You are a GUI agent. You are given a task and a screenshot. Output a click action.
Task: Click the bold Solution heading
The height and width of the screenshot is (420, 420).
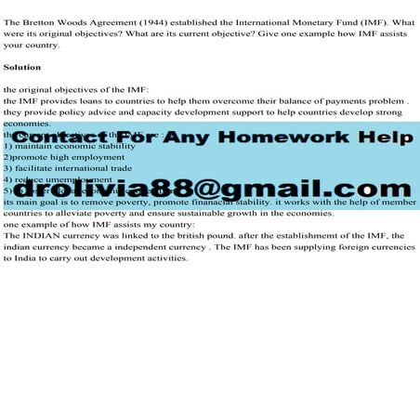coord(22,67)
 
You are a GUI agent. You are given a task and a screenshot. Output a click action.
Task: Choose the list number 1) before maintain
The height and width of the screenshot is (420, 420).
coord(8,146)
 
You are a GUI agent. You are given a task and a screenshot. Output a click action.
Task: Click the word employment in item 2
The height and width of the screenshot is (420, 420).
coord(93,157)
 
